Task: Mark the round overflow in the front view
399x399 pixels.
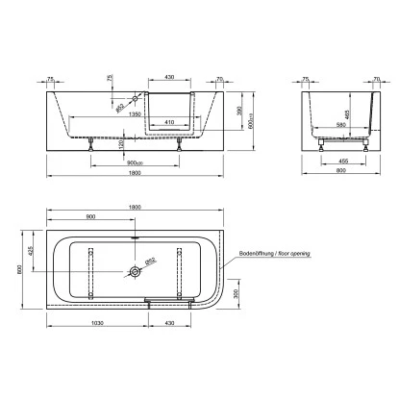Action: (137, 98)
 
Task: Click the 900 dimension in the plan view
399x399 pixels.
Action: (91, 217)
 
